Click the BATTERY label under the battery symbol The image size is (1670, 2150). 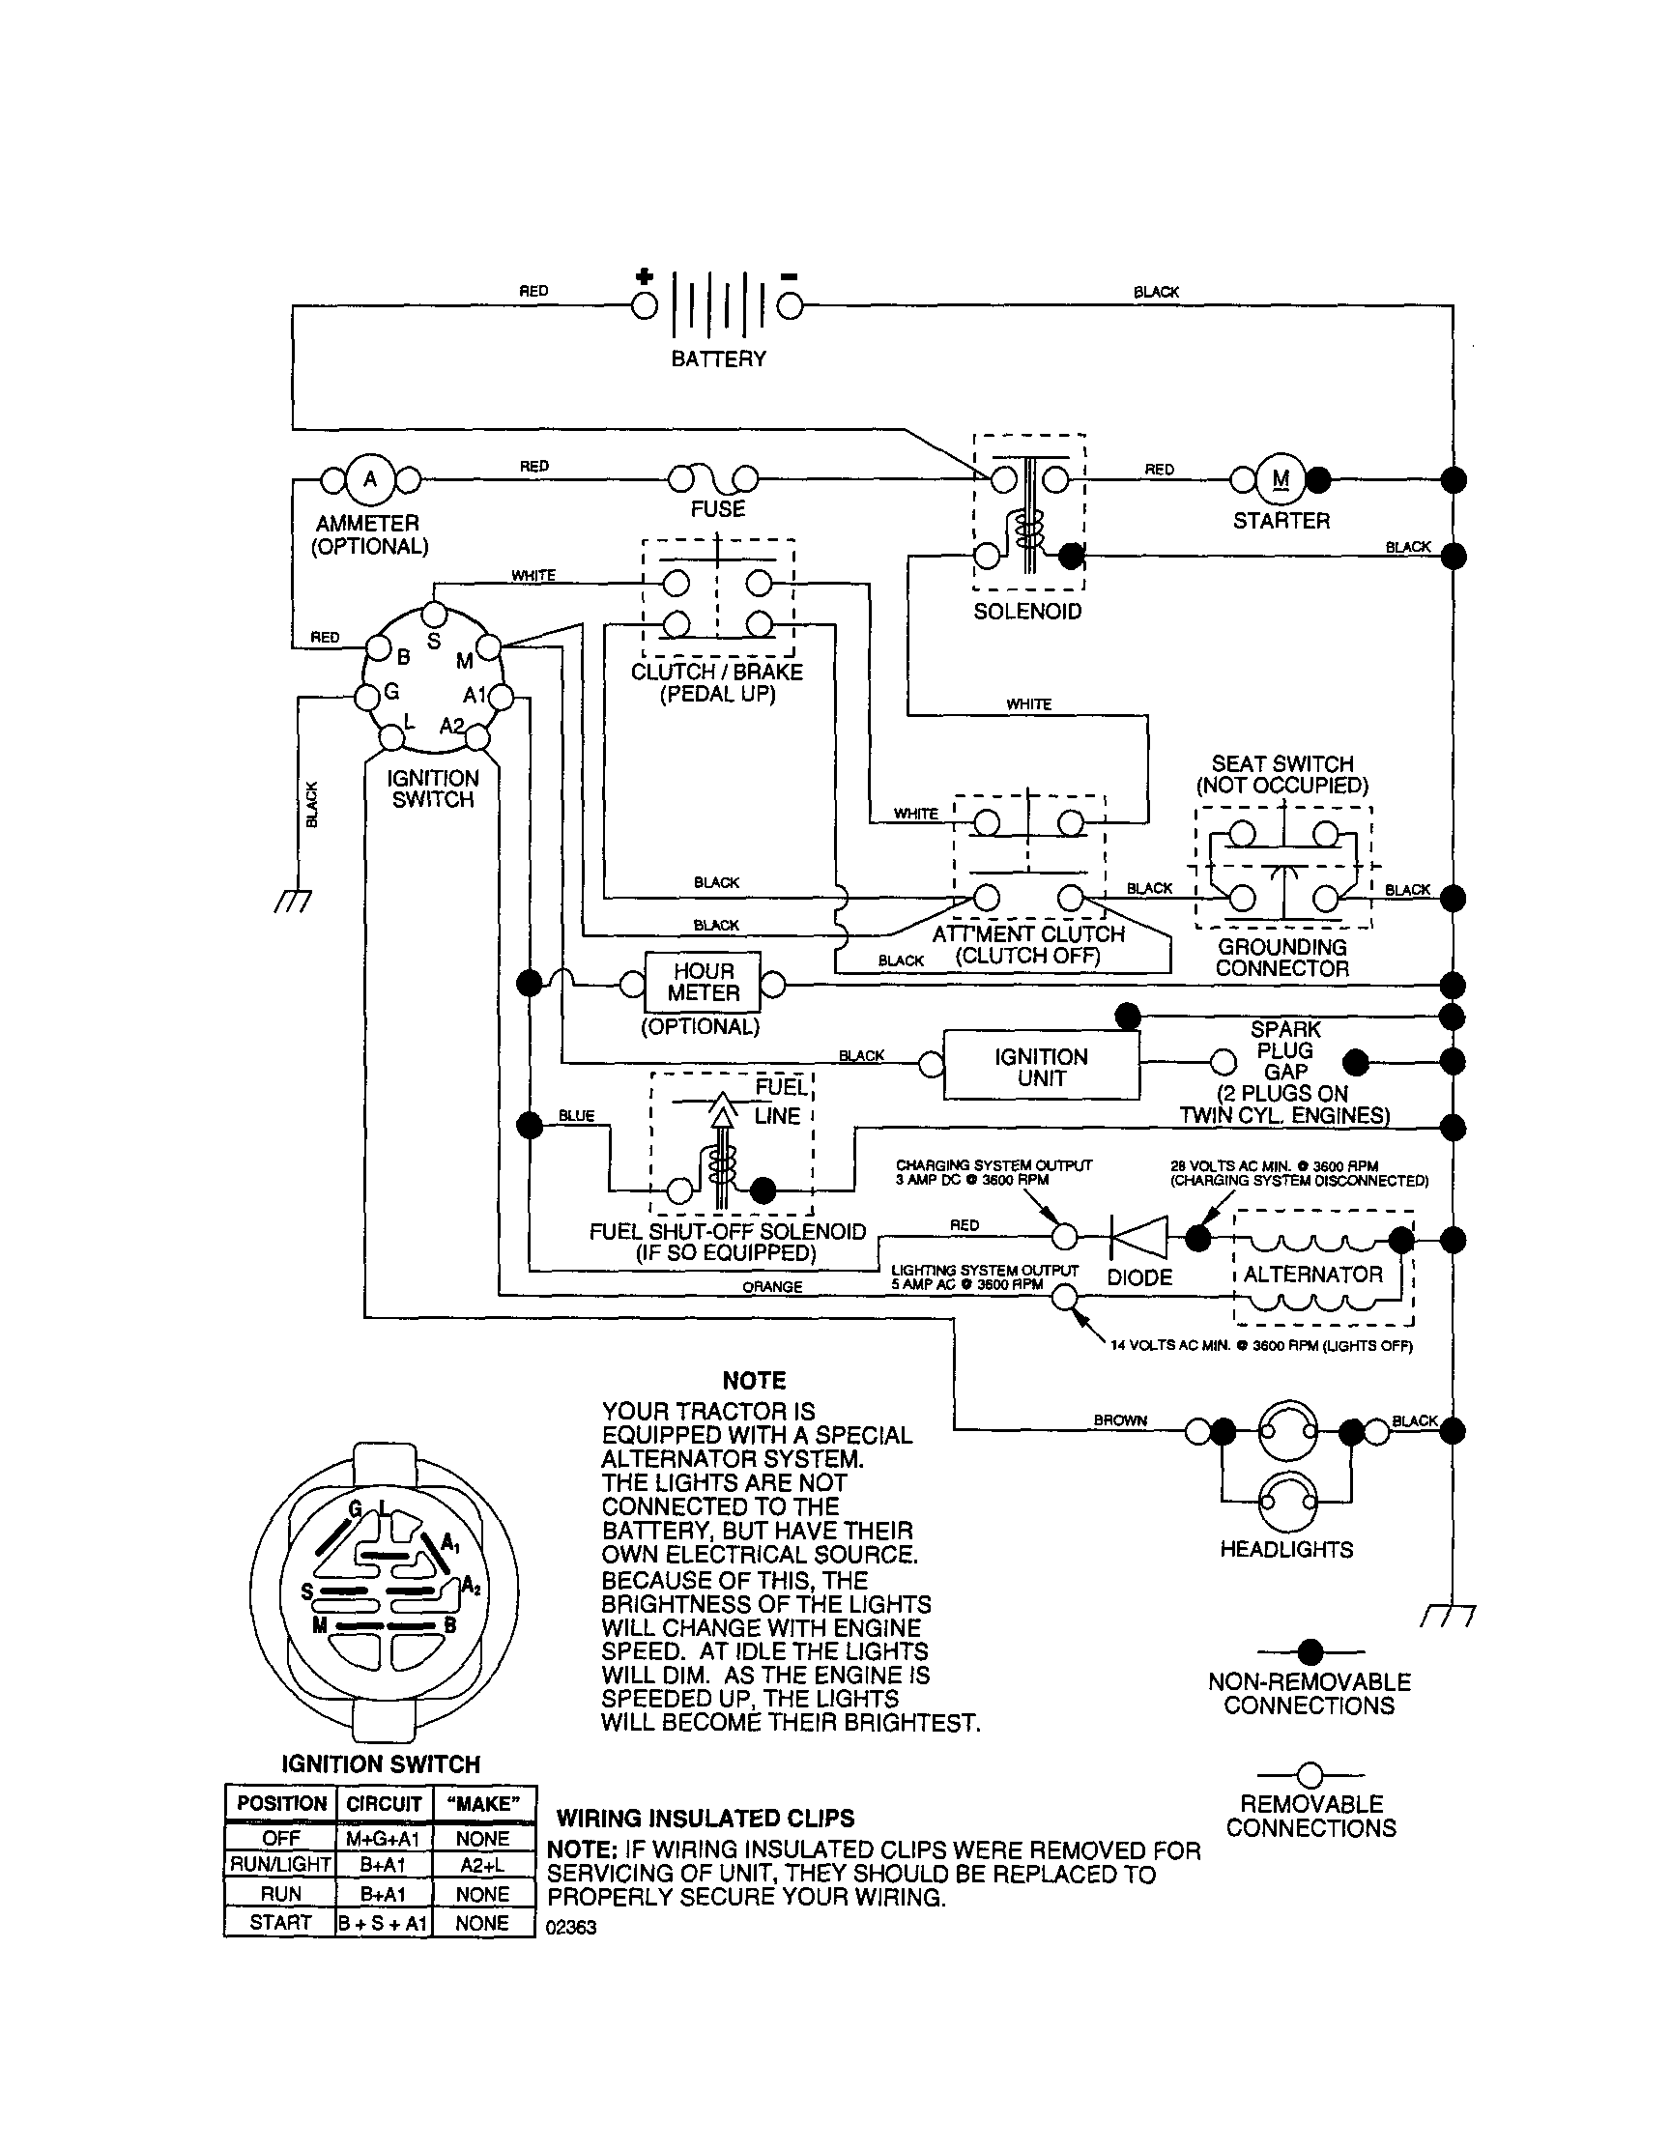point(718,359)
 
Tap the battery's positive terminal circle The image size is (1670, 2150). point(644,306)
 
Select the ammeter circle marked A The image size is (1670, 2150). point(370,480)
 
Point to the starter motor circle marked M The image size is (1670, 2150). point(1281,480)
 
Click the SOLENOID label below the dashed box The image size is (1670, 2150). point(1027,612)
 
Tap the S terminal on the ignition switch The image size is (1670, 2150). point(434,615)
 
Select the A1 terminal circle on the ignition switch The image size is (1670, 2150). point(501,699)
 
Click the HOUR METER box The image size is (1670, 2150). point(703,983)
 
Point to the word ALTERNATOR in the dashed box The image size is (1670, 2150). point(1312,1275)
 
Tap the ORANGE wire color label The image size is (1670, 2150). point(772,1288)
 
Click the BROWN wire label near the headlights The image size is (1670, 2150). point(1120,1420)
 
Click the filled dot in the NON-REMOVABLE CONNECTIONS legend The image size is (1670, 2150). point(1310,1650)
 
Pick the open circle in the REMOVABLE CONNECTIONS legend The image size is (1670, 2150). point(1310,1775)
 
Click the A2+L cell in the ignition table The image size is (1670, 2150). point(482,1865)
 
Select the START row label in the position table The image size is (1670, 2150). point(279,1922)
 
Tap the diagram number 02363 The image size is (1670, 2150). point(571,1928)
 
